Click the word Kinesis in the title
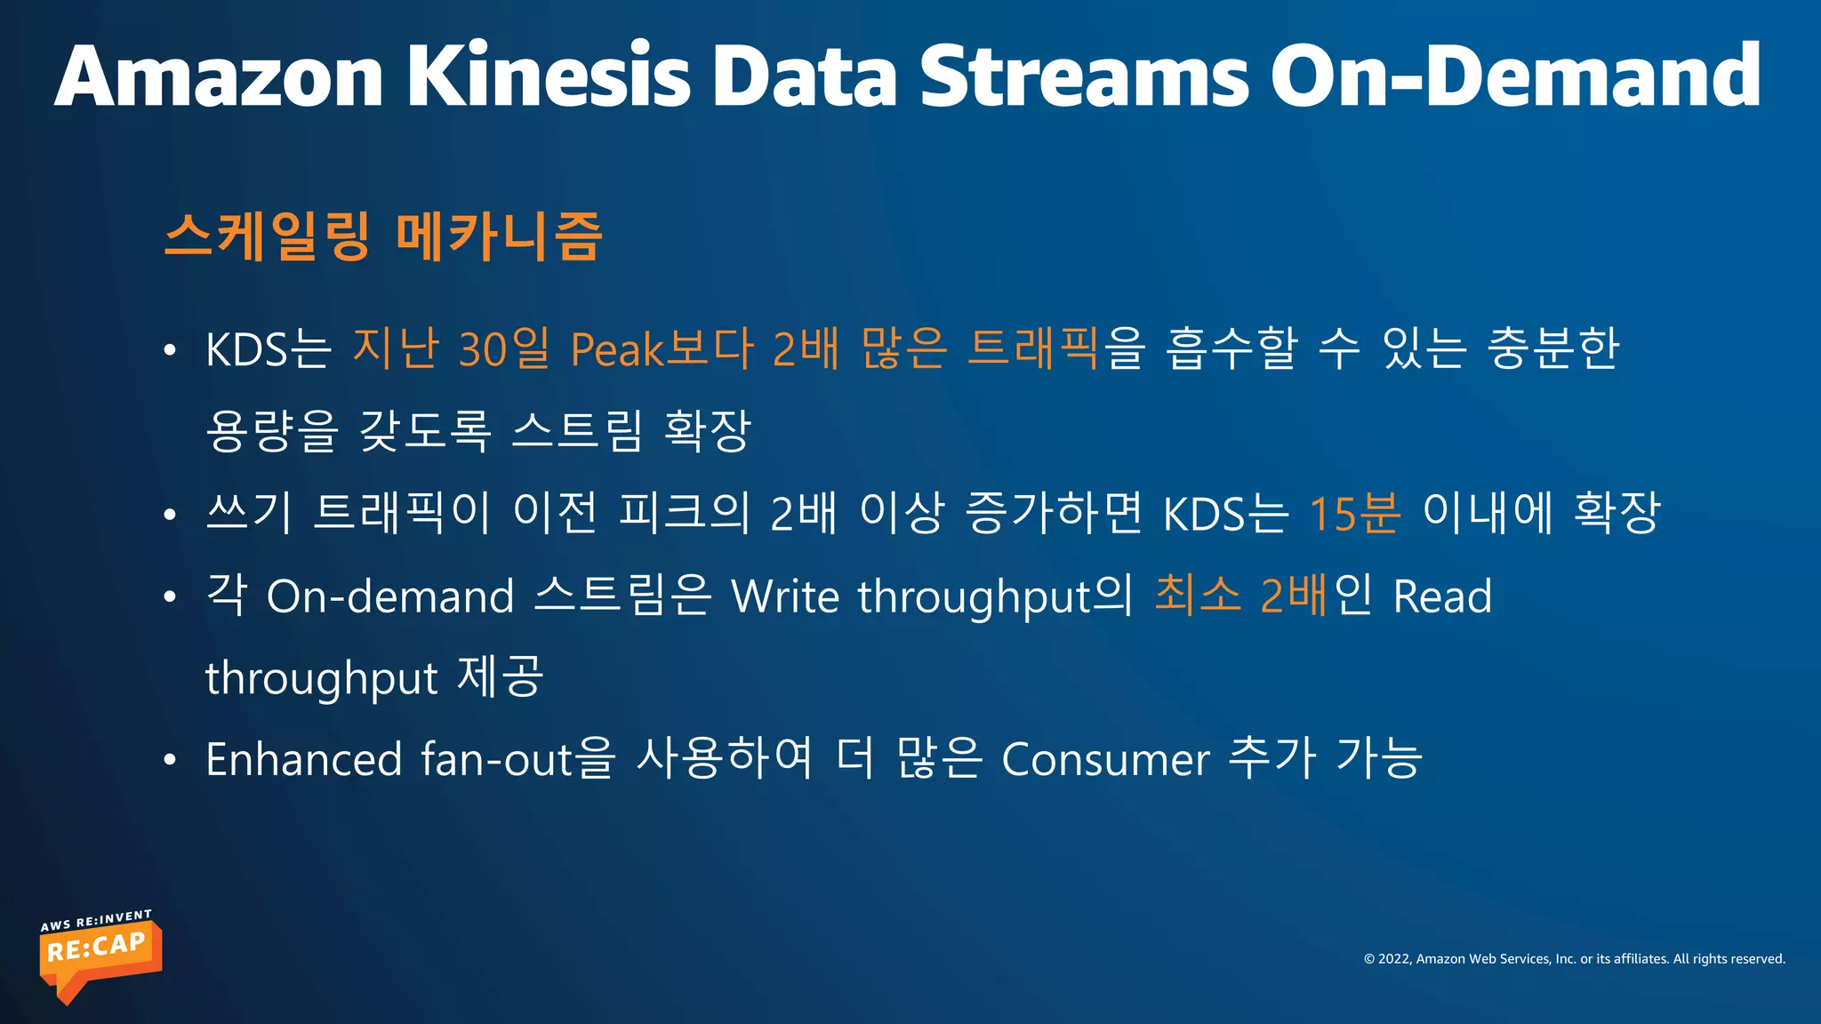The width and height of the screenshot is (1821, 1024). [549, 76]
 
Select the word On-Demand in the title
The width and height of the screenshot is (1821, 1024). [1514, 76]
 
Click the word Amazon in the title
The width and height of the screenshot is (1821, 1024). [219, 76]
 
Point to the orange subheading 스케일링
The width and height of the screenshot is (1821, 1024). [267, 236]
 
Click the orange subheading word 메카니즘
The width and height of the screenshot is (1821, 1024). [499, 236]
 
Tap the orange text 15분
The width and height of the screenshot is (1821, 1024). [1353, 514]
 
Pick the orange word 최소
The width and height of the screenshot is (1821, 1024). [1197, 595]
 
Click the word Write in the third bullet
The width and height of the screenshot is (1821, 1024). [784, 596]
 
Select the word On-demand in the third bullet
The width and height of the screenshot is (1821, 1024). [390, 596]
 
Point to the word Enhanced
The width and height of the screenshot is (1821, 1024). [303, 760]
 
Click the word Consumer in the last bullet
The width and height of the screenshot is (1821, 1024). [1105, 760]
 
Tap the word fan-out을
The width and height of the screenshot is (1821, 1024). [517, 760]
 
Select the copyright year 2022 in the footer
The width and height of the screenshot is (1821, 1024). [1393, 959]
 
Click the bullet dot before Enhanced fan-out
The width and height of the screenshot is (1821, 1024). [170, 761]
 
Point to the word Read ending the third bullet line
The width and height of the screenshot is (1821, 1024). [1442, 596]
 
